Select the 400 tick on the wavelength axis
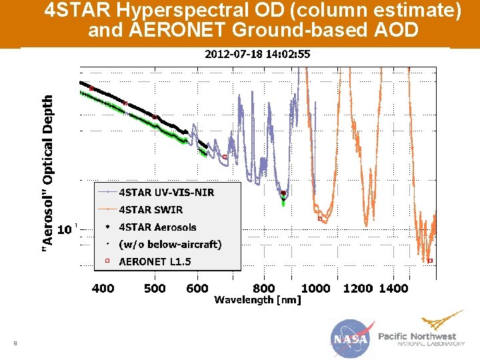pyautogui.click(x=103, y=288)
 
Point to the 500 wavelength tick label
pyautogui.click(x=155, y=288)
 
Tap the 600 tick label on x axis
pyautogui.click(x=197, y=288)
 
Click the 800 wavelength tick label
pyautogui.click(x=264, y=288)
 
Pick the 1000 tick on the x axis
pyautogui.click(x=316, y=288)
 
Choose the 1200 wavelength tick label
pyautogui.click(x=358, y=288)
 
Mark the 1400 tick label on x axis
pyautogui.click(x=393, y=288)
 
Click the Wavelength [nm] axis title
pyautogui.click(x=257, y=300)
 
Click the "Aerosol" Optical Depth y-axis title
pyautogui.click(x=48, y=173)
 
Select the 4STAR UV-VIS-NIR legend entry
pyautogui.click(x=166, y=193)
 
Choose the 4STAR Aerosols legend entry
pyautogui.click(x=157, y=227)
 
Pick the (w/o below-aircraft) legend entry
pyautogui.click(x=170, y=245)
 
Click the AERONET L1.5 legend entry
pyautogui.click(x=155, y=262)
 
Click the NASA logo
pyautogui.click(x=349, y=338)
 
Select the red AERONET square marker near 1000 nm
pyautogui.click(x=319, y=218)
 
